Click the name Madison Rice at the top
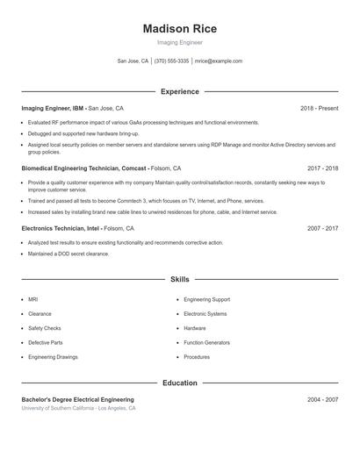179,29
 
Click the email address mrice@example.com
218,61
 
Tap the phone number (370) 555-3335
171,61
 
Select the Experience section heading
179,91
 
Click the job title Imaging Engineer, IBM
54,108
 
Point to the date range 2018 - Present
319,108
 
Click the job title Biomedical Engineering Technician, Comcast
84,168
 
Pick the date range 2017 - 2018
322,168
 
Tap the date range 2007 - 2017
322,227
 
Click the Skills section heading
179,279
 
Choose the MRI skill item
32,299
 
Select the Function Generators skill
206,342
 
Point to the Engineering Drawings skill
53,357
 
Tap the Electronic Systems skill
205,313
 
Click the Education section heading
179,383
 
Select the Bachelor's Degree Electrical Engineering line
77,399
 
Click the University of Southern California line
79,408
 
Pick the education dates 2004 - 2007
322,399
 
